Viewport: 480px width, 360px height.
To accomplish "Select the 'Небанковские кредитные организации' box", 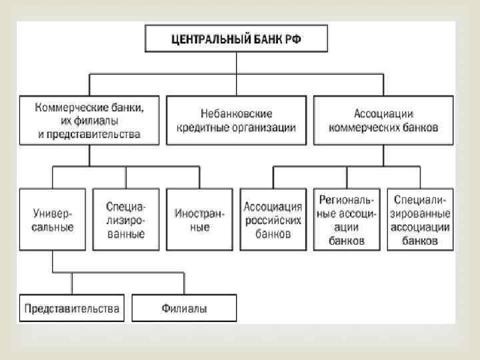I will [x=237, y=120].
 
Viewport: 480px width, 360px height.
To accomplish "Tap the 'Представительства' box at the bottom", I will [x=72, y=309].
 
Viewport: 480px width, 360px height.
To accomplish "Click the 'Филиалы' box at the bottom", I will [x=184, y=309].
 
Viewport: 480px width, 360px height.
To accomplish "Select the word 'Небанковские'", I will [x=237, y=113].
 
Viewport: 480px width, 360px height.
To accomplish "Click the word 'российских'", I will [x=273, y=220].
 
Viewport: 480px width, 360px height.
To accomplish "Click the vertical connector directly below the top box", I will [x=237, y=63].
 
